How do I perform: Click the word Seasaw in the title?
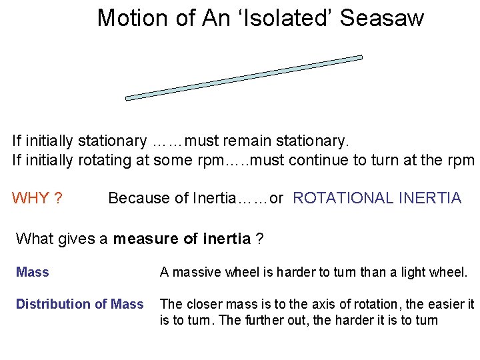tap(381, 18)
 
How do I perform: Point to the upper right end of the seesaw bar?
tap(359, 58)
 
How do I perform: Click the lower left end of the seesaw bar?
tap(129, 97)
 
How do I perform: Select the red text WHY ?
tap(37, 198)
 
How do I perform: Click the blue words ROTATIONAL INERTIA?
tap(377, 198)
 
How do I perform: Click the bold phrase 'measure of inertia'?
tap(181, 239)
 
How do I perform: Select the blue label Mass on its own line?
tap(32, 272)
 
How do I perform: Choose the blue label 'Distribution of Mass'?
tap(79, 304)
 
